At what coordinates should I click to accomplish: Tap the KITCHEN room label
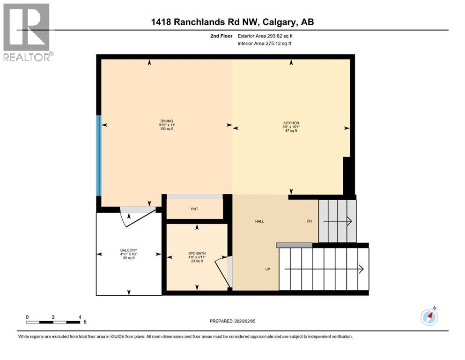click(x=291, y=123)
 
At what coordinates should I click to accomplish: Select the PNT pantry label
click(x=194, y=209)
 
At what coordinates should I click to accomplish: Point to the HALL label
click(x=259, y=221)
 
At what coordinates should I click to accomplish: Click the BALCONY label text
click(x=128, y=250)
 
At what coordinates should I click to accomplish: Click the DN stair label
click(x=309, y=221)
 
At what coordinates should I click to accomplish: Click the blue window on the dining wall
click(x=98, y=156)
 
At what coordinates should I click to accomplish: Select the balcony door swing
click(x=136, y=217)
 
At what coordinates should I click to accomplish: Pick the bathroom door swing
click(x=222, y=272)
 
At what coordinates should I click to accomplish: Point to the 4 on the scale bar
click(x=80, y=317)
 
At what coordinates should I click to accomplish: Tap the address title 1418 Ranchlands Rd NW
click(x=232, y=22)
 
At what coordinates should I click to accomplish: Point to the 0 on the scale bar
click(x=28, y=317)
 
